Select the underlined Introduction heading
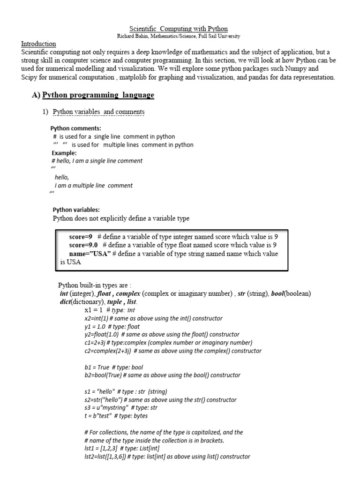(x=38, y=44)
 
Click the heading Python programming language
(x=98, y=95)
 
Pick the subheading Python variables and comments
(x=98, y=112)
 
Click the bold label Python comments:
(x=75, y=128)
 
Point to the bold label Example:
(x=64, y=153)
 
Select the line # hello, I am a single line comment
(x=97, y=161)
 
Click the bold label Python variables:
(x=76, y=210)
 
